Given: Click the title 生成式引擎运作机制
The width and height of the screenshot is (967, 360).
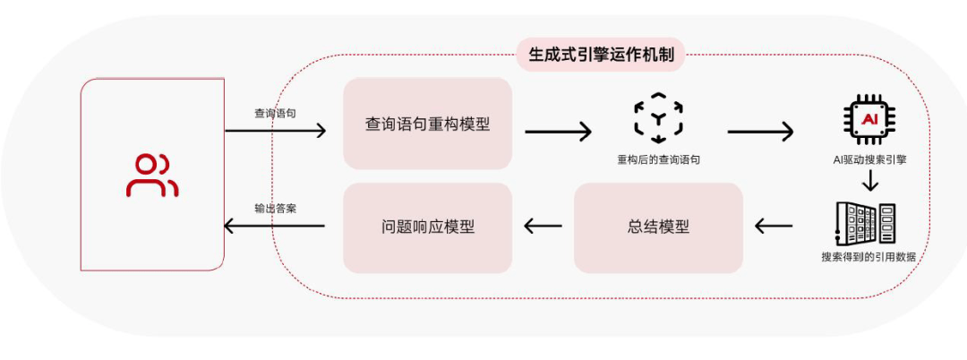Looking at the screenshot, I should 601,56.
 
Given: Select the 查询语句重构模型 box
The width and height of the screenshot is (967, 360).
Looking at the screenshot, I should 427,124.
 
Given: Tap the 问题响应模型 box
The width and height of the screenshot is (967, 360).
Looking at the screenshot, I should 427,227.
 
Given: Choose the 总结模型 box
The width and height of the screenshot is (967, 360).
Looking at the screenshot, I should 658,227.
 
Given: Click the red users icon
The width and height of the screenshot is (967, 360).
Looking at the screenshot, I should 151,175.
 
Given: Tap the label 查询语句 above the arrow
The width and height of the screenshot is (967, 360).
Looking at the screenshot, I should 275,114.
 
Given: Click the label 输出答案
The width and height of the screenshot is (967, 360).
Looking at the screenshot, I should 275,208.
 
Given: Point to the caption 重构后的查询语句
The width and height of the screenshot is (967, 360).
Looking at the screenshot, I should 658,159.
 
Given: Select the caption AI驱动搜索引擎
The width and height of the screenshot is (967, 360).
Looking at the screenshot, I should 868,159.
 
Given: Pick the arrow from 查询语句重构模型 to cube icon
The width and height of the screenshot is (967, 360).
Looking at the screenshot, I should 558,132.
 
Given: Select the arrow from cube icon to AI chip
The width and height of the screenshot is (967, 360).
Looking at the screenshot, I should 760,132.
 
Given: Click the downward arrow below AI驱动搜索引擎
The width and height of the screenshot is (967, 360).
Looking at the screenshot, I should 868,182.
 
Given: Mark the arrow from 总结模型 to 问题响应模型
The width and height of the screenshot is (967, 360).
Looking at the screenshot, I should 543,227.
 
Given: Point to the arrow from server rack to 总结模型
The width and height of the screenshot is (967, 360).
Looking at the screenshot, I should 774,227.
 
